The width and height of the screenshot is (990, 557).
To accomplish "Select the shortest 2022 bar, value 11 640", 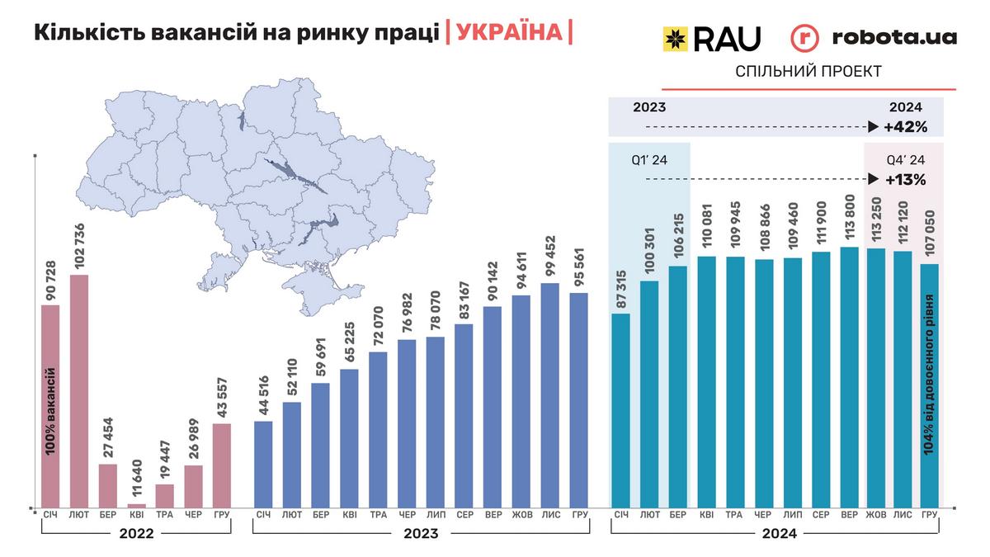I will pos(136,504).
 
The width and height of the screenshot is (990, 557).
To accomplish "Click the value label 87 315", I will pos(621,290).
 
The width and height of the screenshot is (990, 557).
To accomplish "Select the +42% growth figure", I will pos(906,127).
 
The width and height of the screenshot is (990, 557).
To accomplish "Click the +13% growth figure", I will pos(906,179).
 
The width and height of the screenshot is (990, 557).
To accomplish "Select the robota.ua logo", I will pos(874,38).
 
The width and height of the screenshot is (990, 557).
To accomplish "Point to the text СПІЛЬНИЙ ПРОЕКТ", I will pos(808,72).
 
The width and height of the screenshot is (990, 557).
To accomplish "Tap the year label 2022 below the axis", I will pos(136,534).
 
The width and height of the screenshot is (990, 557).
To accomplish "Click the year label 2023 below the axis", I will pos(421,534).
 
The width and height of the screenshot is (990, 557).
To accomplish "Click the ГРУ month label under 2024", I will pos(930,516).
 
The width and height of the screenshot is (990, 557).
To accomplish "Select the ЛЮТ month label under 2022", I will pos(79,516).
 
